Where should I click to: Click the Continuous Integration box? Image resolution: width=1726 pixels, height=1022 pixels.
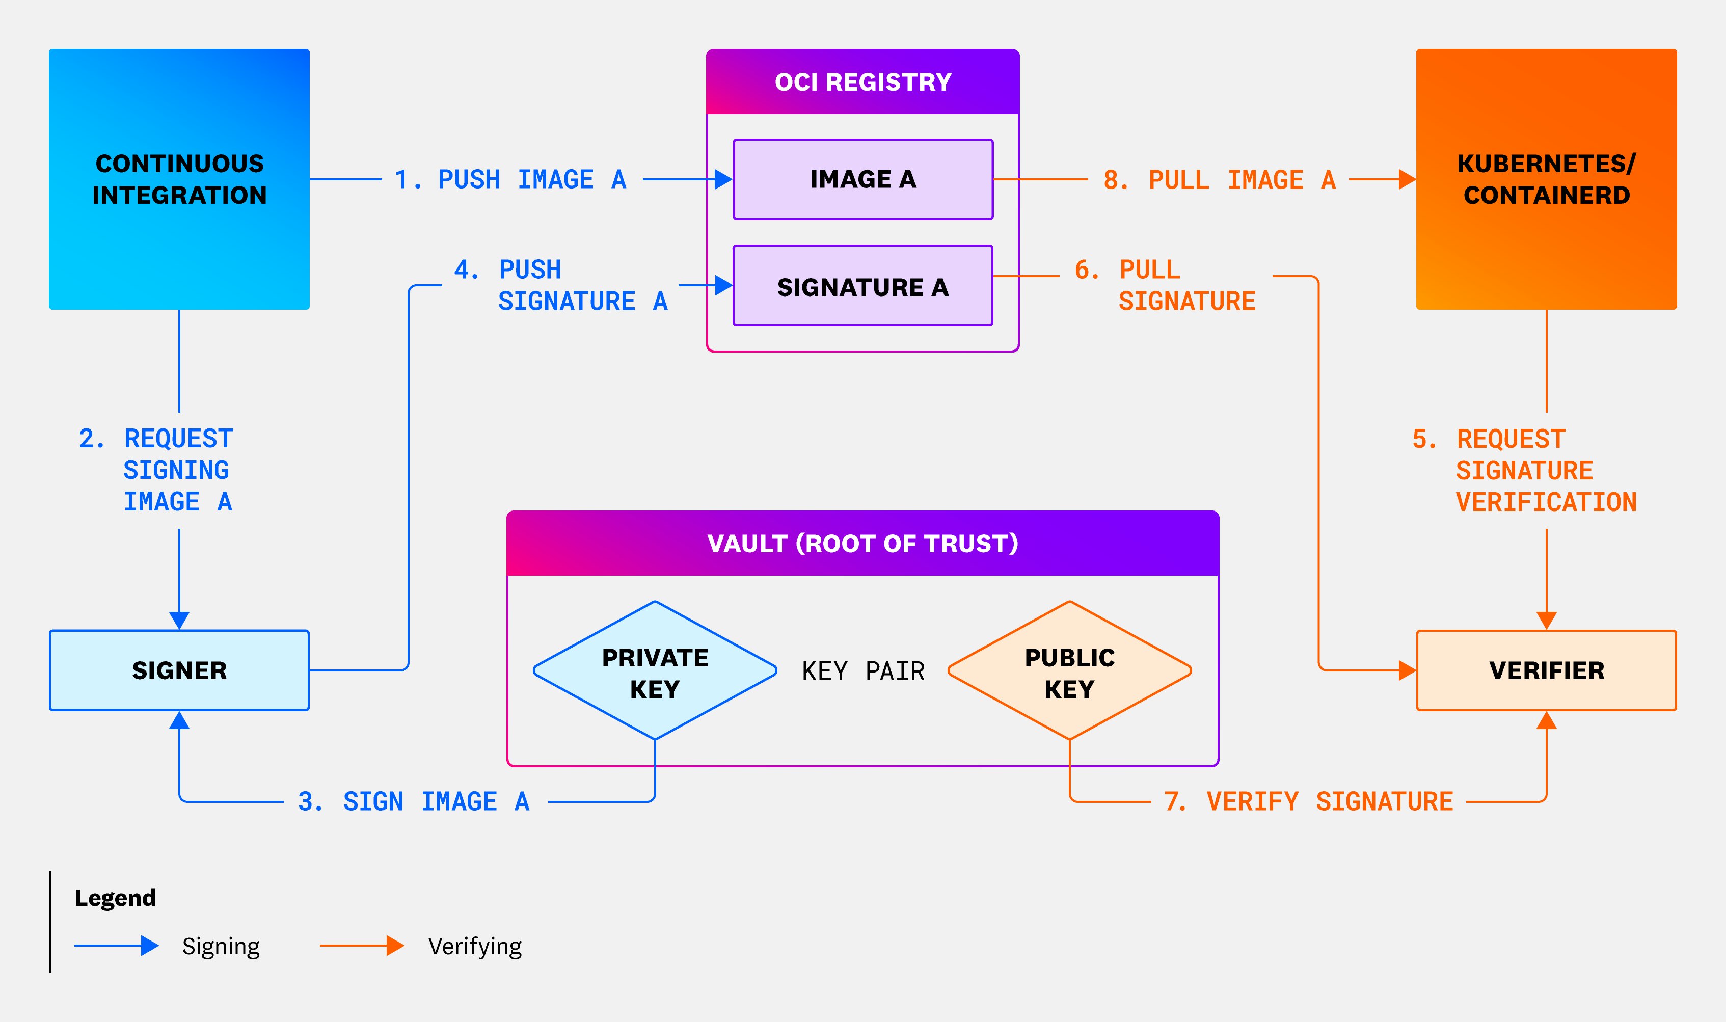click(179, 179)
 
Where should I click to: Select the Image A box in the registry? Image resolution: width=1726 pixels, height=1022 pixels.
click(862, 179)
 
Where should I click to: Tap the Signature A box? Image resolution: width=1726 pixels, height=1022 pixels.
click(862, 286)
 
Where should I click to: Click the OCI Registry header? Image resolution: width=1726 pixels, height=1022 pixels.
click(862, 82)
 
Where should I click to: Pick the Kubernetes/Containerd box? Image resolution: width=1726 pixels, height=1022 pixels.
click(1546, 179)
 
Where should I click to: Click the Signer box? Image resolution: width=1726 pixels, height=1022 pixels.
click(179, 670)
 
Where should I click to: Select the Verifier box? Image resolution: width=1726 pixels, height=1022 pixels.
click(1546, 670)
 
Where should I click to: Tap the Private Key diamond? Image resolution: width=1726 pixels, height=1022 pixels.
click(655, 671)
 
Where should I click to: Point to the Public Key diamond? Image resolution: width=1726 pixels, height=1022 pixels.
click(1069, 671)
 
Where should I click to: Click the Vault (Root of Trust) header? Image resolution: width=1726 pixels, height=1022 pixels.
click(862, 544)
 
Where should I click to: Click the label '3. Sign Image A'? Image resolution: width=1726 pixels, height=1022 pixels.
click(414, 801)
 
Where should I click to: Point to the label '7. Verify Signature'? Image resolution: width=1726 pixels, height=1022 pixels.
click(1308, 801)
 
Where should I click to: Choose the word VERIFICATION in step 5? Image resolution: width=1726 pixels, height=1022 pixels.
click(1546, 502)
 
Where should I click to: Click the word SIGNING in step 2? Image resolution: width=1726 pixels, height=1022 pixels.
click(176, 470)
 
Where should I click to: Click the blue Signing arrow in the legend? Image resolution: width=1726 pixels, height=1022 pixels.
click(116, 946)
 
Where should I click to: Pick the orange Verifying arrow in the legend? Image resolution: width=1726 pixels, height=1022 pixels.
click(361, 946)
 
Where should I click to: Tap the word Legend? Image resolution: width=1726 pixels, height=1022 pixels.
click(116, 898)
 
